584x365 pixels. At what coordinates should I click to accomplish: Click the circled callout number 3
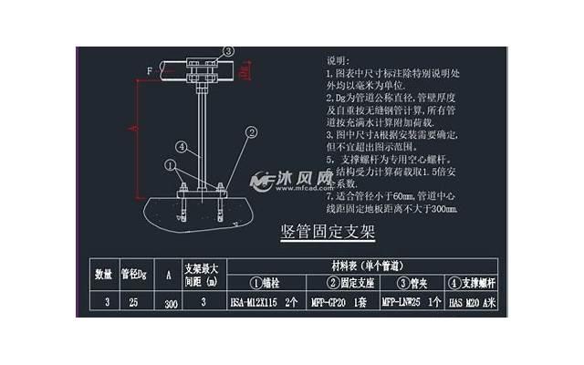coord(228,51)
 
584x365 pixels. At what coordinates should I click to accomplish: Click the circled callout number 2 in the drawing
coord(250,132)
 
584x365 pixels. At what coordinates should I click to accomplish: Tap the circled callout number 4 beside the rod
coord(182,145)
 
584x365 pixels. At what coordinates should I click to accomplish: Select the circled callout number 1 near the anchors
coord(170,164)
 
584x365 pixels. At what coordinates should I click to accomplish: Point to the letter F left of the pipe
coord(149,69)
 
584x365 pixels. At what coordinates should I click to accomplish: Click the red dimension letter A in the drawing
coord(133,130)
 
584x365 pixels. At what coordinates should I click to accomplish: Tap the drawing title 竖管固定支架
coord(327,231)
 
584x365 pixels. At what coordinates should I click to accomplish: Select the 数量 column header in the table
coord(103,272)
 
